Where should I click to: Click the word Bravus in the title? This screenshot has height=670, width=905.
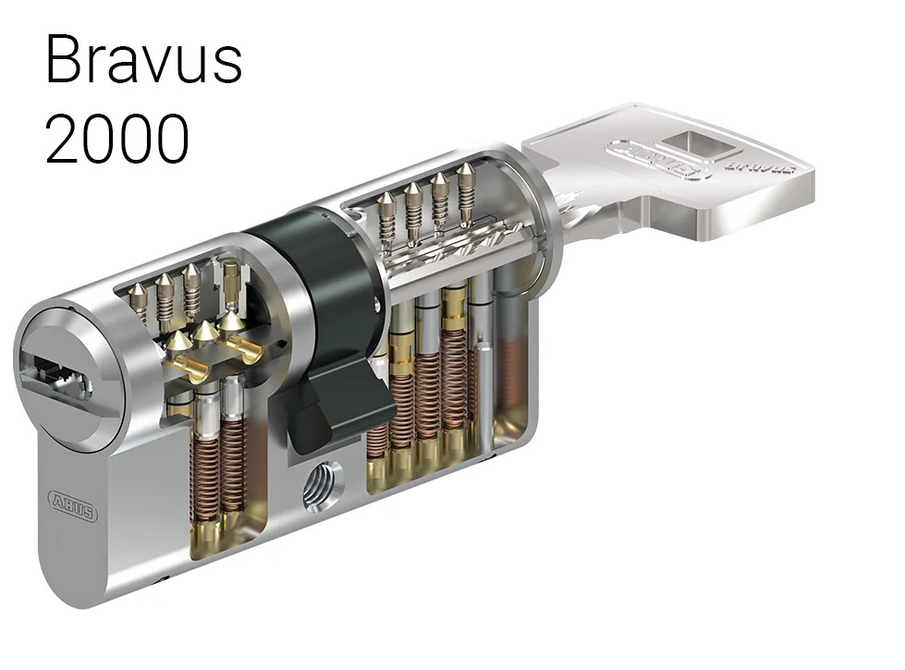pos(143,59)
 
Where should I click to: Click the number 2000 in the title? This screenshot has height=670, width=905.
pos(117,139)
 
